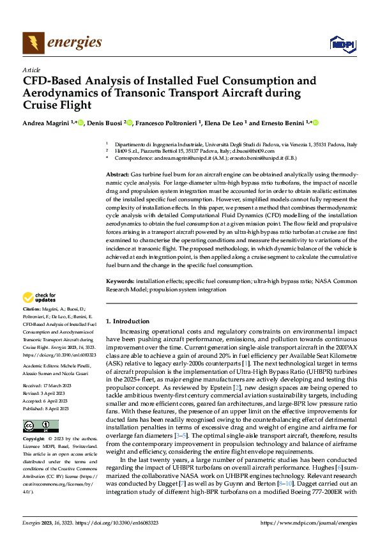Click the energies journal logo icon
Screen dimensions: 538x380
point(33,43)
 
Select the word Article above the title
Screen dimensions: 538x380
point(31,70)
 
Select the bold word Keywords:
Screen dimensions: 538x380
point(119,281)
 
